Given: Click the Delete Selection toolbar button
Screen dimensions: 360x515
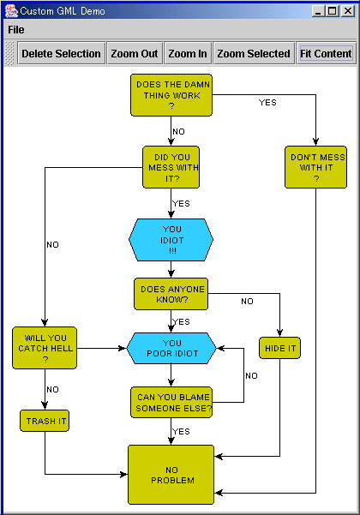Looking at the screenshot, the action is tap(62, 53).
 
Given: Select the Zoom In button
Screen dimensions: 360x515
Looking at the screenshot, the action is tap(188, 53).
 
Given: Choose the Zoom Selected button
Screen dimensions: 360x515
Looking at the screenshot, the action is tap(254, 53).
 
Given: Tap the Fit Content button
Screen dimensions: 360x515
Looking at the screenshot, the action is tap(327, 53).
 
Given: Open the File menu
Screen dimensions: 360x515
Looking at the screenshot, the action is tap(16, 30).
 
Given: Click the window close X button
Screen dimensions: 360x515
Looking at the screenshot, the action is tap(348, 11).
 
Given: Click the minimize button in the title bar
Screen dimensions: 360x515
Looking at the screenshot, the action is tap(318, 11).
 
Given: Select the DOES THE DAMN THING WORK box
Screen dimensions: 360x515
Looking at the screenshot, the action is tap(171, 95).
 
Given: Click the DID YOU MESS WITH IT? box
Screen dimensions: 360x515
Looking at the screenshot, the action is tap(171, 167).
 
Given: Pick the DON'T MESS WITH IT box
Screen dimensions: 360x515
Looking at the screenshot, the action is tap(316, 167).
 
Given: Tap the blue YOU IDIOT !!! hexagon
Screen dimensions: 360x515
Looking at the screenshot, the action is tap(171, 240).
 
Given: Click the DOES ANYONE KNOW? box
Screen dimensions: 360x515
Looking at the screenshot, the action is tap(171, 294).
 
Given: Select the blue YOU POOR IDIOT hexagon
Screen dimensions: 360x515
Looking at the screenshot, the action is tap(171, 348).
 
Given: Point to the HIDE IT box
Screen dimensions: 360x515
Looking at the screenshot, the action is tap(279, 348).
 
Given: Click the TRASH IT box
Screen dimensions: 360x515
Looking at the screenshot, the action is tap(45, 421).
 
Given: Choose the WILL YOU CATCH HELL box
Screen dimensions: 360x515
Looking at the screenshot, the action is tap(45, 348).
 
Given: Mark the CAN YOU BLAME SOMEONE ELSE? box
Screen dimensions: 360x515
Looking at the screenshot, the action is tap(171, 403).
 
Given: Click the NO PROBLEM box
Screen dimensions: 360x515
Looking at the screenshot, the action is tap(171, 475).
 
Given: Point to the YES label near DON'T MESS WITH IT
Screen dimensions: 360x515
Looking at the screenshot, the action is tap(267, 103).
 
